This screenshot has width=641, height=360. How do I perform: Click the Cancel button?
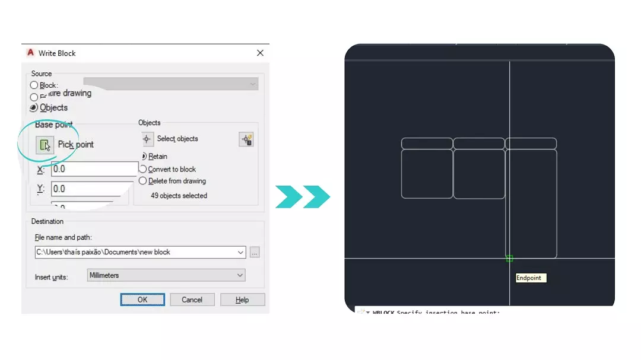(192, 300)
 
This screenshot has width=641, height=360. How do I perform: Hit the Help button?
(242, 300)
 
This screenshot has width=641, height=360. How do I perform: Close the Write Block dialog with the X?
(260, 53)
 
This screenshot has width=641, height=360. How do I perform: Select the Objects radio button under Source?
(34, 108)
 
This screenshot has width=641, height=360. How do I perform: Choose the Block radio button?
(34, 85)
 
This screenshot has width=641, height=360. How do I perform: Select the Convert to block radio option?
(143, 169)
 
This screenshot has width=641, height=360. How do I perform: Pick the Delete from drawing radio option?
(143, 181)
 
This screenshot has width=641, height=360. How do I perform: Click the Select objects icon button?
(148, 139)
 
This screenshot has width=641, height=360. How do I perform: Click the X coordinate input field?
(94, 169)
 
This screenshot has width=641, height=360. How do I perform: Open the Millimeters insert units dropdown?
(166, 275)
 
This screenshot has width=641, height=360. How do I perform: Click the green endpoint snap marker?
(509, 259)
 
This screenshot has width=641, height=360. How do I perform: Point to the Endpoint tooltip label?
(529, 278)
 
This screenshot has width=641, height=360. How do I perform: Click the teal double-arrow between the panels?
(303, 196)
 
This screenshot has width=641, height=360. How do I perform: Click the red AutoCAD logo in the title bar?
(31, 53)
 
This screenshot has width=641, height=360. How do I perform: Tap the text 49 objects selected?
(179, 195)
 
